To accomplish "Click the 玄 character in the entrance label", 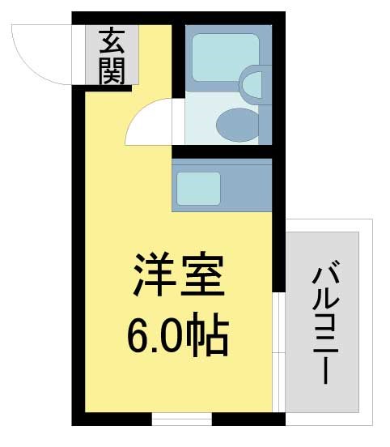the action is tap(112, 40).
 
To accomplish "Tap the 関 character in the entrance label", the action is tap(112, 70).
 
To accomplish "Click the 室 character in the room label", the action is tap(201, 275).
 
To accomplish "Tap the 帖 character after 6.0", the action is tap(207, 334).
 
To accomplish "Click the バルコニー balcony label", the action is tap(325, 321).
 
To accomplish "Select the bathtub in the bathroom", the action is tap(226, 57).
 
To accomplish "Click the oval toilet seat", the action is tap(238, 126).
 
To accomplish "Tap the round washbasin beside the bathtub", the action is tap(252, 85).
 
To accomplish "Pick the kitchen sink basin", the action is tap(198, 189).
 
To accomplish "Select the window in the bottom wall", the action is tap(182, 419).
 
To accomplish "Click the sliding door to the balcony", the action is tap(278, 352).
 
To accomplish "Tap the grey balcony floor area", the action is tap(322, 321).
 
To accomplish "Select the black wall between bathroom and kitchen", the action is tap(222, 151).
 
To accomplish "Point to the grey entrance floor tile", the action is tap(112, 55).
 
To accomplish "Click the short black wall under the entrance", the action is tap(108, 88).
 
